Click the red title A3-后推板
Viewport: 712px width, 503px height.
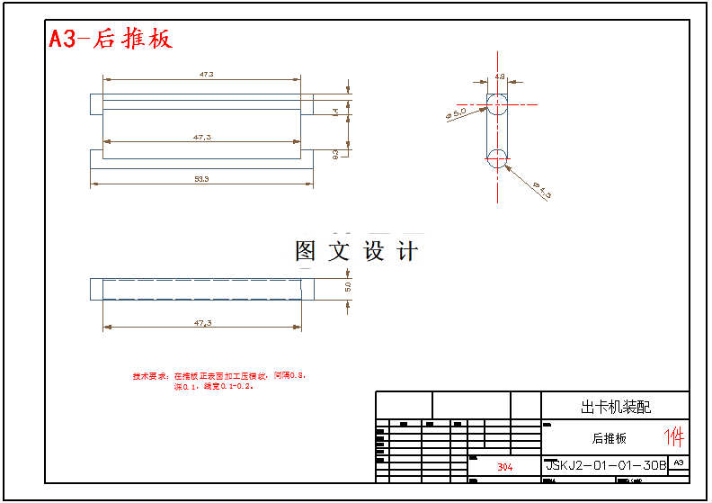tap(110, 39)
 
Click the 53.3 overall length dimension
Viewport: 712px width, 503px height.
tap(201, 179)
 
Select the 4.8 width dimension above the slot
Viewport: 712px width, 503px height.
tap(500, 76)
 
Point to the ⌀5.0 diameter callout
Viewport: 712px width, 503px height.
tap(456, 114)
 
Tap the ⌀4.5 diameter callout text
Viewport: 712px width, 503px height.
tap(542, 190)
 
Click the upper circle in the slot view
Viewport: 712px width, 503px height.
tap(497, 103)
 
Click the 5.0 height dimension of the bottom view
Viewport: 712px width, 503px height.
tap(348, 287)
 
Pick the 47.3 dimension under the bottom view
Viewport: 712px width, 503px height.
tap(202, 322)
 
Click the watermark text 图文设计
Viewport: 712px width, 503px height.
tap(357, 251)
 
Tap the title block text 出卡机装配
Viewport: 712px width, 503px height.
tap(616, 407)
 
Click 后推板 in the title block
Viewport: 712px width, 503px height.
tap(609, 438)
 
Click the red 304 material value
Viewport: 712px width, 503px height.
tap(504, 467)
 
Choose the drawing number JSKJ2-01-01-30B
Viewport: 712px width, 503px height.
tap(606, 465)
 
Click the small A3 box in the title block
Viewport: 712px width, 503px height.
tap(679, 463)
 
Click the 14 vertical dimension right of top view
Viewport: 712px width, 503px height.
tap(335, 112)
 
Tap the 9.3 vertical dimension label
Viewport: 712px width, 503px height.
tap(335, 153)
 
